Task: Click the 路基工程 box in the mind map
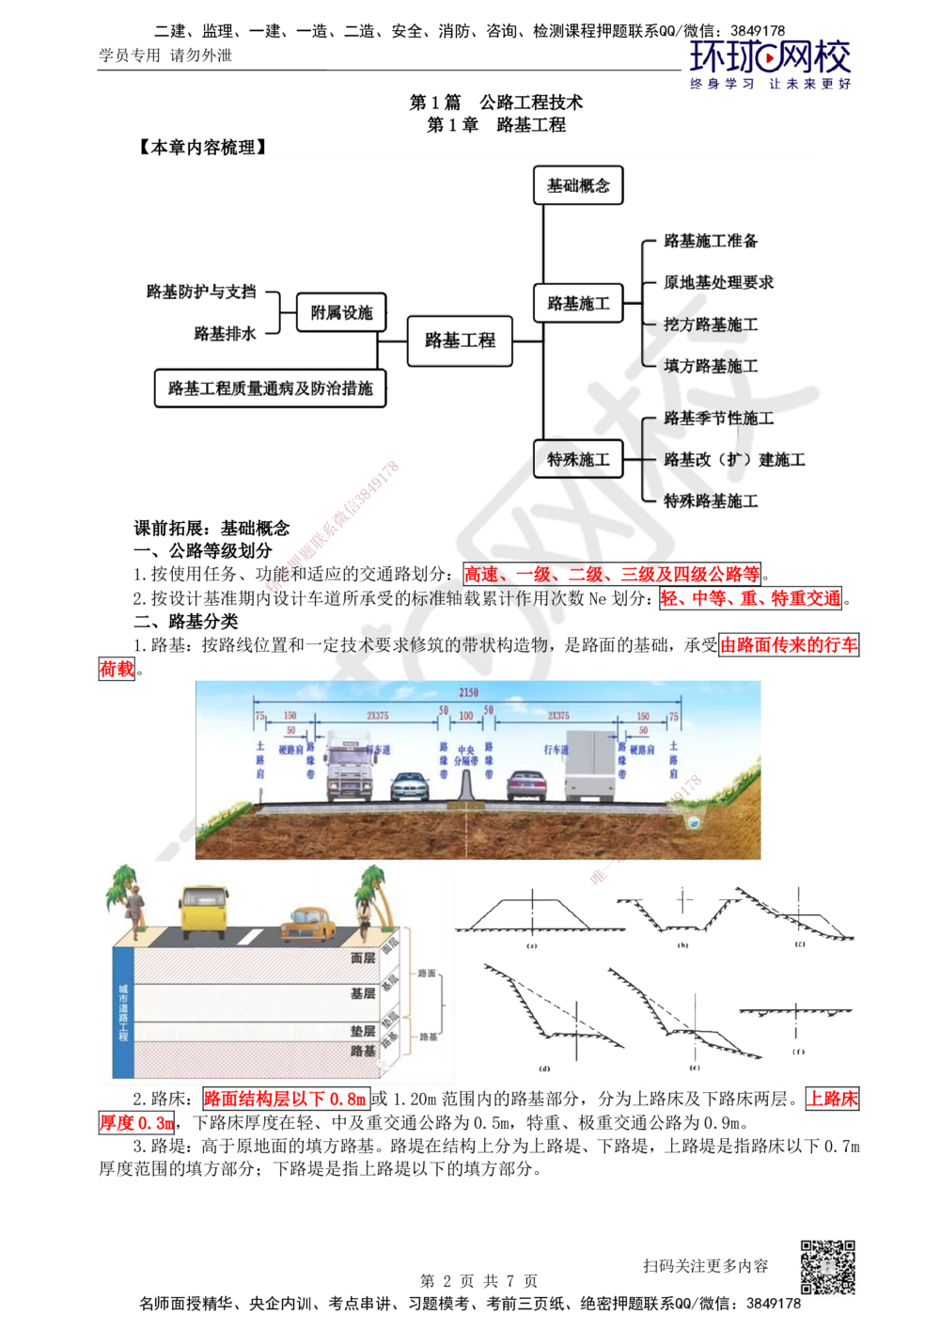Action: [460, 340]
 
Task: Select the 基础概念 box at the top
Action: [578, 186]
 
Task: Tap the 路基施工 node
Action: [578, 305]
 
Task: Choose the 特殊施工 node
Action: [578, 460]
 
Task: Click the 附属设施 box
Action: [341, 312]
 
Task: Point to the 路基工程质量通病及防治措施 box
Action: [270, 388]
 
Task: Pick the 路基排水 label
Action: [225, 333]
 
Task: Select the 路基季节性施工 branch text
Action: [719, 418]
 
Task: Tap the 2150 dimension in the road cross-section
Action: [468, 693]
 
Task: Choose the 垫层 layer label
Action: [363, 1031]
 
